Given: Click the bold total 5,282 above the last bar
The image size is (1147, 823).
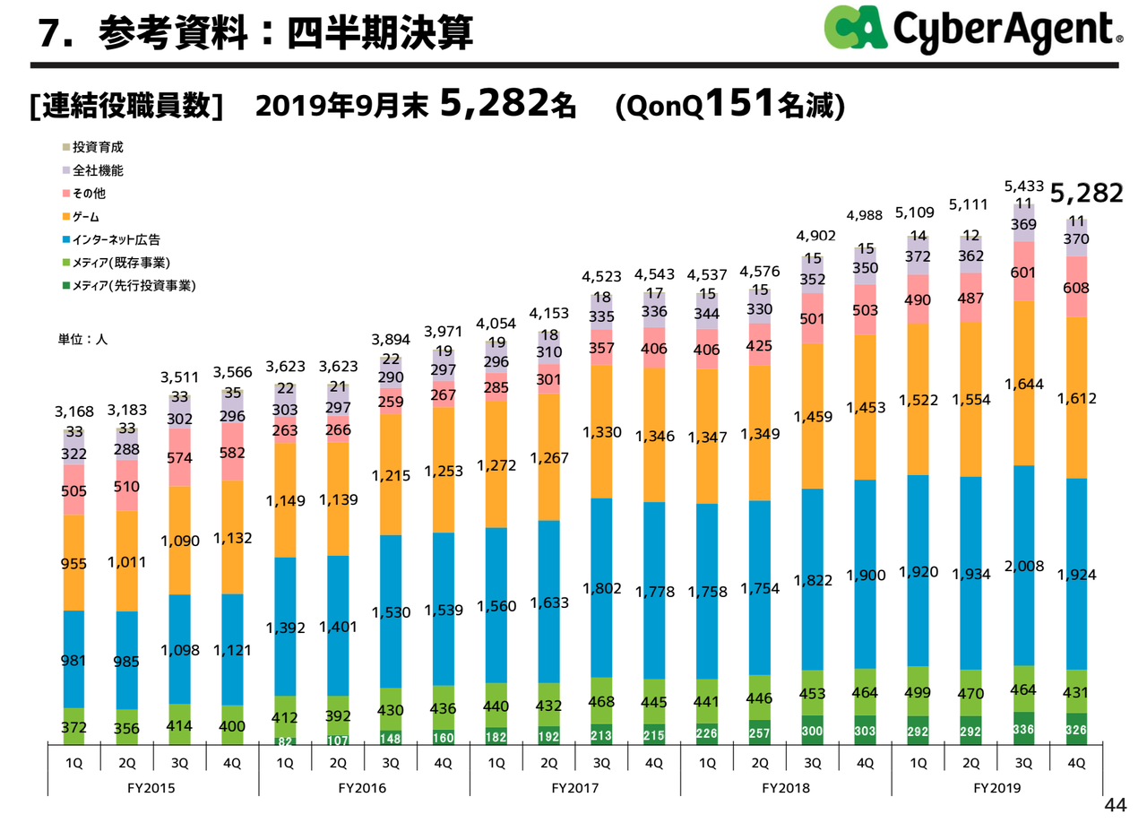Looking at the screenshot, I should (x=1087, y=193).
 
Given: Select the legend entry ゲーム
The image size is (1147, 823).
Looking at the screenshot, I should (x=86, y=216).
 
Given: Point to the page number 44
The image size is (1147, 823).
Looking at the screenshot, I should (x=1115, y=804).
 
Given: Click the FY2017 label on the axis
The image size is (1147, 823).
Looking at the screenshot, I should (x=574, y=788).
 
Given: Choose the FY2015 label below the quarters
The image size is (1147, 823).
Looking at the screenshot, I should (x=152, y=788).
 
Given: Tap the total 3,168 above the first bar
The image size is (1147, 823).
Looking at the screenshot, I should (x=73, y=412).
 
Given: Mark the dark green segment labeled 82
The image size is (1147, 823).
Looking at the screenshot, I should (x=285, y=741).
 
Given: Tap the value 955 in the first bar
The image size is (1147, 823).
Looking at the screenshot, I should (x=73, y=562).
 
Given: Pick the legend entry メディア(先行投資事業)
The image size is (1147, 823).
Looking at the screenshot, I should (x=134, y=286).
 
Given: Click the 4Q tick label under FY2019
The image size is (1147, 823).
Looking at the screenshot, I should (x=1076, y=763).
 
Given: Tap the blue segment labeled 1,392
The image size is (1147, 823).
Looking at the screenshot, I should (x=286, y=627).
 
